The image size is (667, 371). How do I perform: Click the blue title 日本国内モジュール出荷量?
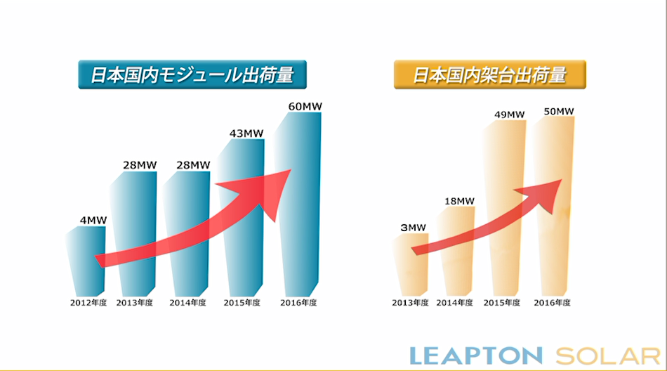(x=192, y=75)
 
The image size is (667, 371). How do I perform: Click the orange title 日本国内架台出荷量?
(x=489, y=74)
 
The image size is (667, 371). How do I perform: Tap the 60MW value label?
(x=305, y=107)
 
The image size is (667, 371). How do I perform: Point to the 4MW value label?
(x=93, y=220)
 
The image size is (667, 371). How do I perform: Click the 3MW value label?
(x=413, y=227)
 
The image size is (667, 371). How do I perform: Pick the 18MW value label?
(x=459, y=202)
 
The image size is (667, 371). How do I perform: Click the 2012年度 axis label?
(x=88, y=303)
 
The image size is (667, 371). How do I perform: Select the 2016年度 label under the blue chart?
(x=300, y=303)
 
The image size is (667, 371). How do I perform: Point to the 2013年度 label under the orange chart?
(x=411, y=303)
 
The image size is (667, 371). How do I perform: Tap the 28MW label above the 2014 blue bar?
(x=192, y=165)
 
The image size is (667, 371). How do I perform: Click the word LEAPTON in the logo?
(x=476, y=355)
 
